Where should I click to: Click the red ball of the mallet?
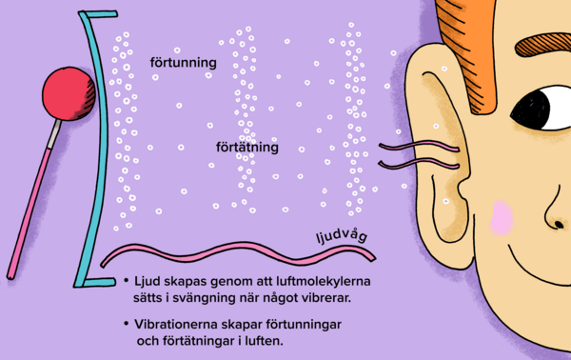click(65, 97)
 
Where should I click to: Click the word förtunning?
click(184, 63)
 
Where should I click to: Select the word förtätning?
click(246, 148)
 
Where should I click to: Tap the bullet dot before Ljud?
click(127, 282)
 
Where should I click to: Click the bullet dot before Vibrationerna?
click(127, 325)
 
